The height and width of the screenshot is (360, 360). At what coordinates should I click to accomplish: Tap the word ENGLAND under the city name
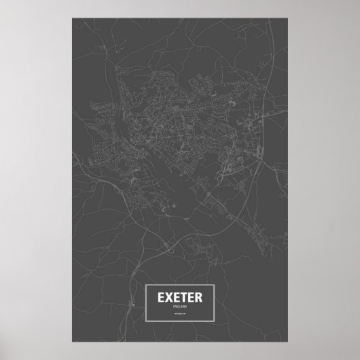click(x=180, y=307)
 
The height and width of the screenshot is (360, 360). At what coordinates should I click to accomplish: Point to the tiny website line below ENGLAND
click(x=180, y=313)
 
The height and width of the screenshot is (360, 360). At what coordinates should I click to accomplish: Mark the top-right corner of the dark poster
click(x=291, y=19)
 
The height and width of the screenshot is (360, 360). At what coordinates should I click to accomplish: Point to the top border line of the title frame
click(x=180, y=284)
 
